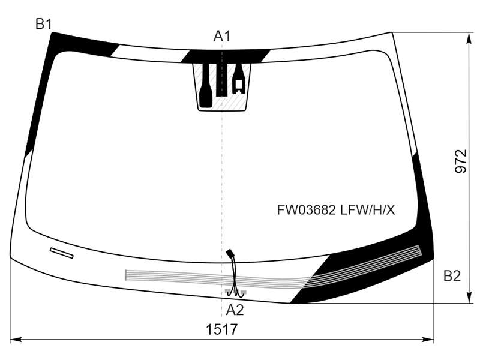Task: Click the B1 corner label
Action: [44, 24]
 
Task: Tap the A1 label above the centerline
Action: [221, 36]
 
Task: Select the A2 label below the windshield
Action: [235, 310]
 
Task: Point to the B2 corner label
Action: [452, 276]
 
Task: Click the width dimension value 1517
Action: [221, 330]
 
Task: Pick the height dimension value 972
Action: [461, 161]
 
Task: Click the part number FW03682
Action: [307, 210]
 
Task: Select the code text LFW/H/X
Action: [368, 210]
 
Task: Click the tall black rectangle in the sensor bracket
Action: [222, 80]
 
